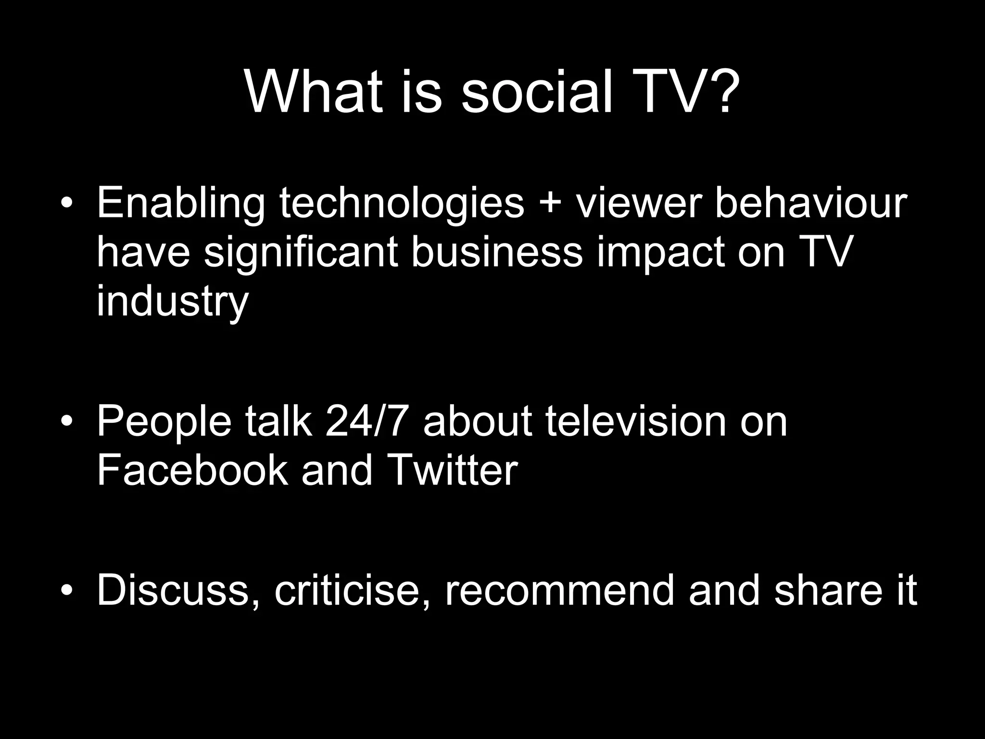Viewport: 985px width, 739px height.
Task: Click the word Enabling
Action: [181, 204]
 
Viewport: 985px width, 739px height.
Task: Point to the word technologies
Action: [402, 203]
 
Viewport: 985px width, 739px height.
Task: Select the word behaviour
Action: [811, 203]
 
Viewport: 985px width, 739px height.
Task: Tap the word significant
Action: [301, 253]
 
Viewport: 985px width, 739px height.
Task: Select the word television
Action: [635, 421]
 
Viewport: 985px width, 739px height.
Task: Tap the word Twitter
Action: [452, 470]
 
